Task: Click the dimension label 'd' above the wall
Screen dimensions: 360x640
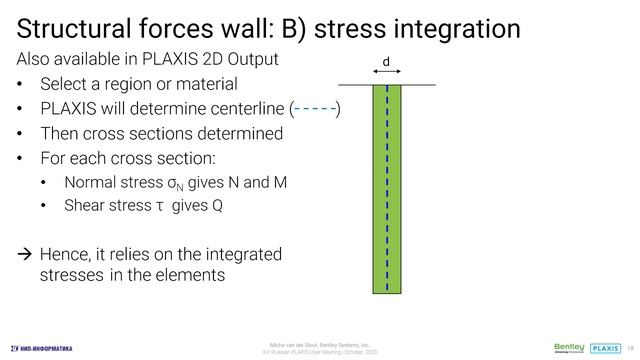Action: coord(386,63)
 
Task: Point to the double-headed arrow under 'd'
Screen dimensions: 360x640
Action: coord(386,73)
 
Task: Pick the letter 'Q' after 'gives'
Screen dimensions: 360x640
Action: coord(217,206)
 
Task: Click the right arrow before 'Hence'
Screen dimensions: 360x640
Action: coord(26,255)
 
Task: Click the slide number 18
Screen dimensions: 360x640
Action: coord(630,347)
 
